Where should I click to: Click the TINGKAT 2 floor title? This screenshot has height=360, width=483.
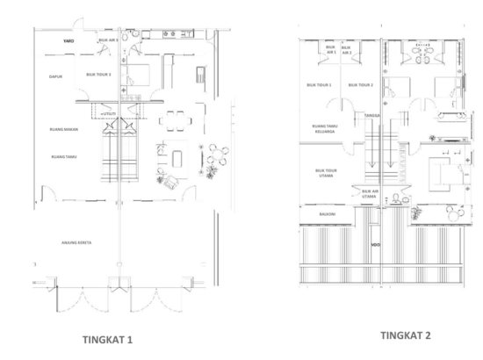pos(406,335)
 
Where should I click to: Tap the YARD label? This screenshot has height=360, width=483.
pos(68,40)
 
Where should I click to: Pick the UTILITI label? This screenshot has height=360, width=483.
pos(110,114)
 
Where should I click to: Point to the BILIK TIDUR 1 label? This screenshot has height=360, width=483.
pos(319,85)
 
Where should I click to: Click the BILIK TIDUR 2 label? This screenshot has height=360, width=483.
pos(361,85)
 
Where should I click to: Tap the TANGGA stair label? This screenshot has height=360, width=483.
pos(371,113)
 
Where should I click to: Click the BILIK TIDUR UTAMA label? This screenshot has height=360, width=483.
pos(326,173)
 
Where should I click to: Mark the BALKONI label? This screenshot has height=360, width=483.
pos(314,212)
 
